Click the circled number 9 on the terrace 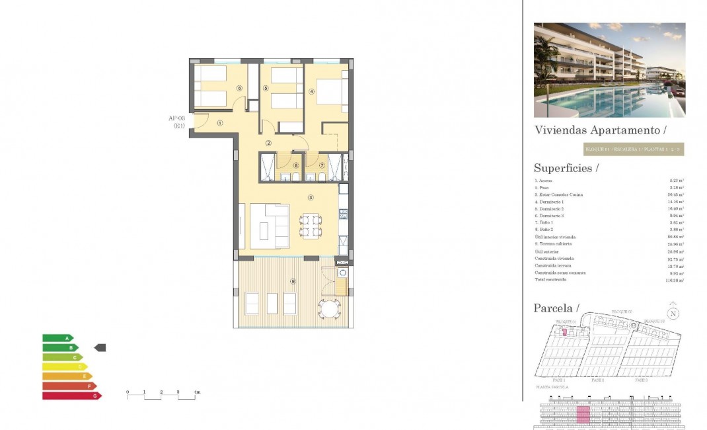click(293, 282)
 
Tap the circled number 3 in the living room click(310, 196)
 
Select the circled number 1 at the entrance click(219, 122)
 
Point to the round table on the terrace click(330, 308)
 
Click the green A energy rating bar click(58, 338)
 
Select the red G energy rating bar click(72, 396)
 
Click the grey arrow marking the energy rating click(100, 347)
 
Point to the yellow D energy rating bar click(65, 366)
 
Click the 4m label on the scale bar click(197, 393)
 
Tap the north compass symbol click(673, 314)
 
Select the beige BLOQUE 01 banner click(633, 150)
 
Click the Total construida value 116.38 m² click(675, 280)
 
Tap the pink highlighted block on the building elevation click(583, 415)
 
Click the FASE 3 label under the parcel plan click(640, 380)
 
